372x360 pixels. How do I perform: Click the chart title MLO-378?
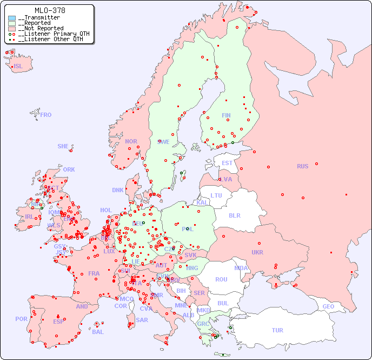coord(50,10)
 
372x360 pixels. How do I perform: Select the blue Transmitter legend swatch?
coord(12,18)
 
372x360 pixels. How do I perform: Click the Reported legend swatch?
coord(12,23)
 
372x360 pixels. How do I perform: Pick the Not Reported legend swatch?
coord(12,29)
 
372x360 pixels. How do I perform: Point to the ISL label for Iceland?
coord(18,67)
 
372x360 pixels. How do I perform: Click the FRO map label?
coord(46,115)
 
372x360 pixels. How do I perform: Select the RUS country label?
coord(302,166)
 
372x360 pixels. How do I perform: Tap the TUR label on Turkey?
coord(277,330)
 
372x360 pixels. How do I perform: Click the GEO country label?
coord(328,306)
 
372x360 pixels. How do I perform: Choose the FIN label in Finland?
coord(226,115)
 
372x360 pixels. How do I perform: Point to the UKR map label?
coord(257,252)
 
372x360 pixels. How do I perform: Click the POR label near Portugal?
coord(21,319)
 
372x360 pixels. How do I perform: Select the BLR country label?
coord(235,215)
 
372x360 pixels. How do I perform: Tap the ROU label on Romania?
coord(221,279)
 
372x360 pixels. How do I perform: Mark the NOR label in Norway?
coord(131,141)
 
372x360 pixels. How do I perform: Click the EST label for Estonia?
coord(227,163)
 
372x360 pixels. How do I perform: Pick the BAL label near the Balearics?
coord(98,332)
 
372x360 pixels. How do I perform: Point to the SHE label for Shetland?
coord(63,146)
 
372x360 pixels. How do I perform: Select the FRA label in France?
coord(94,273)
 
